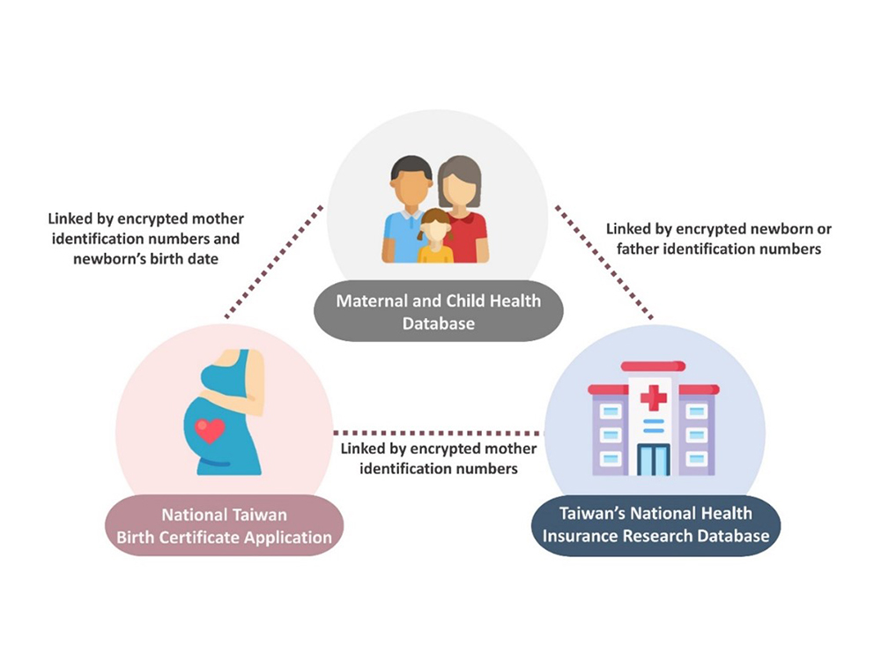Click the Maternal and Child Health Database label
(x=438, y=312)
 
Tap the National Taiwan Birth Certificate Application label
(x=224, y=525)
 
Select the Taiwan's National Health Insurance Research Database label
(x=655, y=524)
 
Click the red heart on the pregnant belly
(x=210, y=430)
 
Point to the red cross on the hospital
(x=653, y=398)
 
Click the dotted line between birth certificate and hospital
(x=437, y=433)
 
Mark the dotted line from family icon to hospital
(x=604, y=263)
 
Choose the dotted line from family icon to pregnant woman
(x=274, y=263)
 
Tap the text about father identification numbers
(x=714, y=249)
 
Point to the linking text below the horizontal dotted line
(x=438, y=459)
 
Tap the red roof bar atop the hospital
(x=653, y=366)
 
